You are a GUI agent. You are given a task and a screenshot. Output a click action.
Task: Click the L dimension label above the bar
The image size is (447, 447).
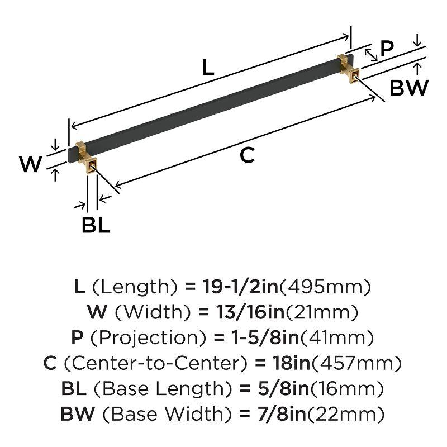point(208,68)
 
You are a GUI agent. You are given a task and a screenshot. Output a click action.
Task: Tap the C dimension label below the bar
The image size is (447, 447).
point(247,156)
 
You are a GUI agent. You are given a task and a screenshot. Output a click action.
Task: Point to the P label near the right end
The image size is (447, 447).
point(387,50)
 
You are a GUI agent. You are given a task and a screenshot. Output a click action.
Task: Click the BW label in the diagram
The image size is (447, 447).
point(409,88)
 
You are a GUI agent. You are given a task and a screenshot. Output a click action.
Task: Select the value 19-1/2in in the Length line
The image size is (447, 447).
point(231,287)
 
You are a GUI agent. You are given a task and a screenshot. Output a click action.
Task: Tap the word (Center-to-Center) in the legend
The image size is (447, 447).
point(155,364)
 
